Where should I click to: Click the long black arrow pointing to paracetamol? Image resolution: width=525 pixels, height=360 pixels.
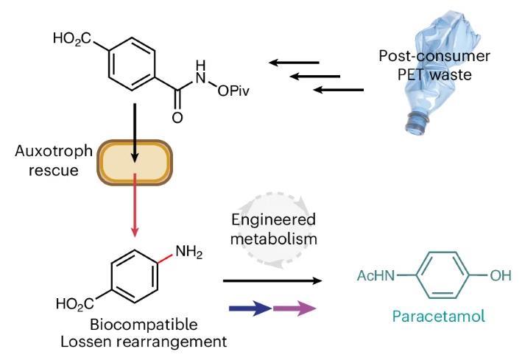tap(272, 281)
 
